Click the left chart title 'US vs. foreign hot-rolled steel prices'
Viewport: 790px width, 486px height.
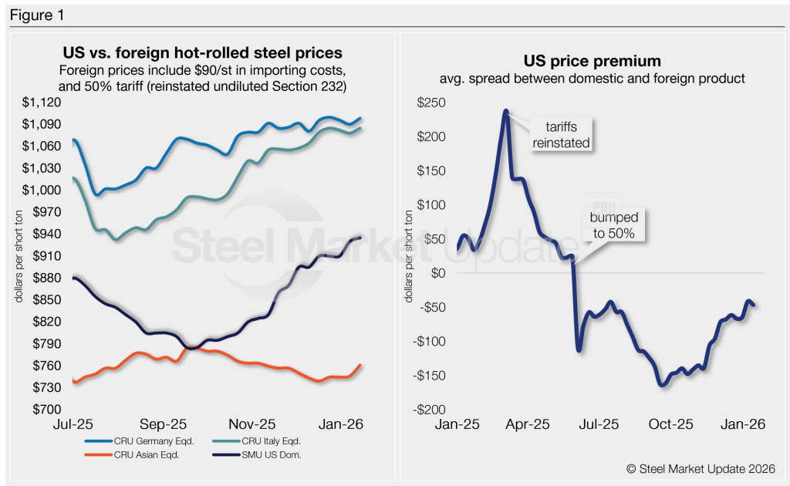point(202,54)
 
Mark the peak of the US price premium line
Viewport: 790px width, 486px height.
point(506,110)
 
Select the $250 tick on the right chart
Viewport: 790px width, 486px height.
point(430,103)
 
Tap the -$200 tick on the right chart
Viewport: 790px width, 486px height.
point(430,410)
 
